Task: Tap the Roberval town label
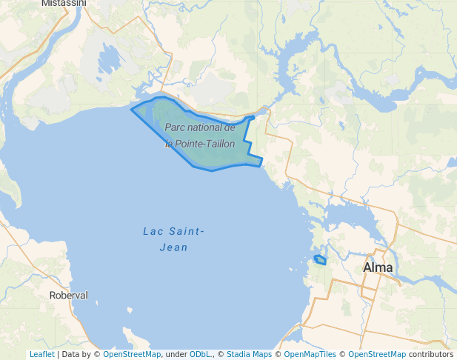68,295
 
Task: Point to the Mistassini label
64,3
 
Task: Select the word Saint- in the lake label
186,232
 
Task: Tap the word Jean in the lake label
173,247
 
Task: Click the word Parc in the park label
178,128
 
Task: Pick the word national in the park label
209,128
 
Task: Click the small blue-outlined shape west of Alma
320,260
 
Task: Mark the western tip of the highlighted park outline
132,110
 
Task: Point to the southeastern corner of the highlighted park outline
260,164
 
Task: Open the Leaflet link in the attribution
41,354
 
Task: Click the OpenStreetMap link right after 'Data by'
132,354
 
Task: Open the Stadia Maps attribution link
249,354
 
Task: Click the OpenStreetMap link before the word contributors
377,354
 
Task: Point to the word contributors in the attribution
431,354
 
